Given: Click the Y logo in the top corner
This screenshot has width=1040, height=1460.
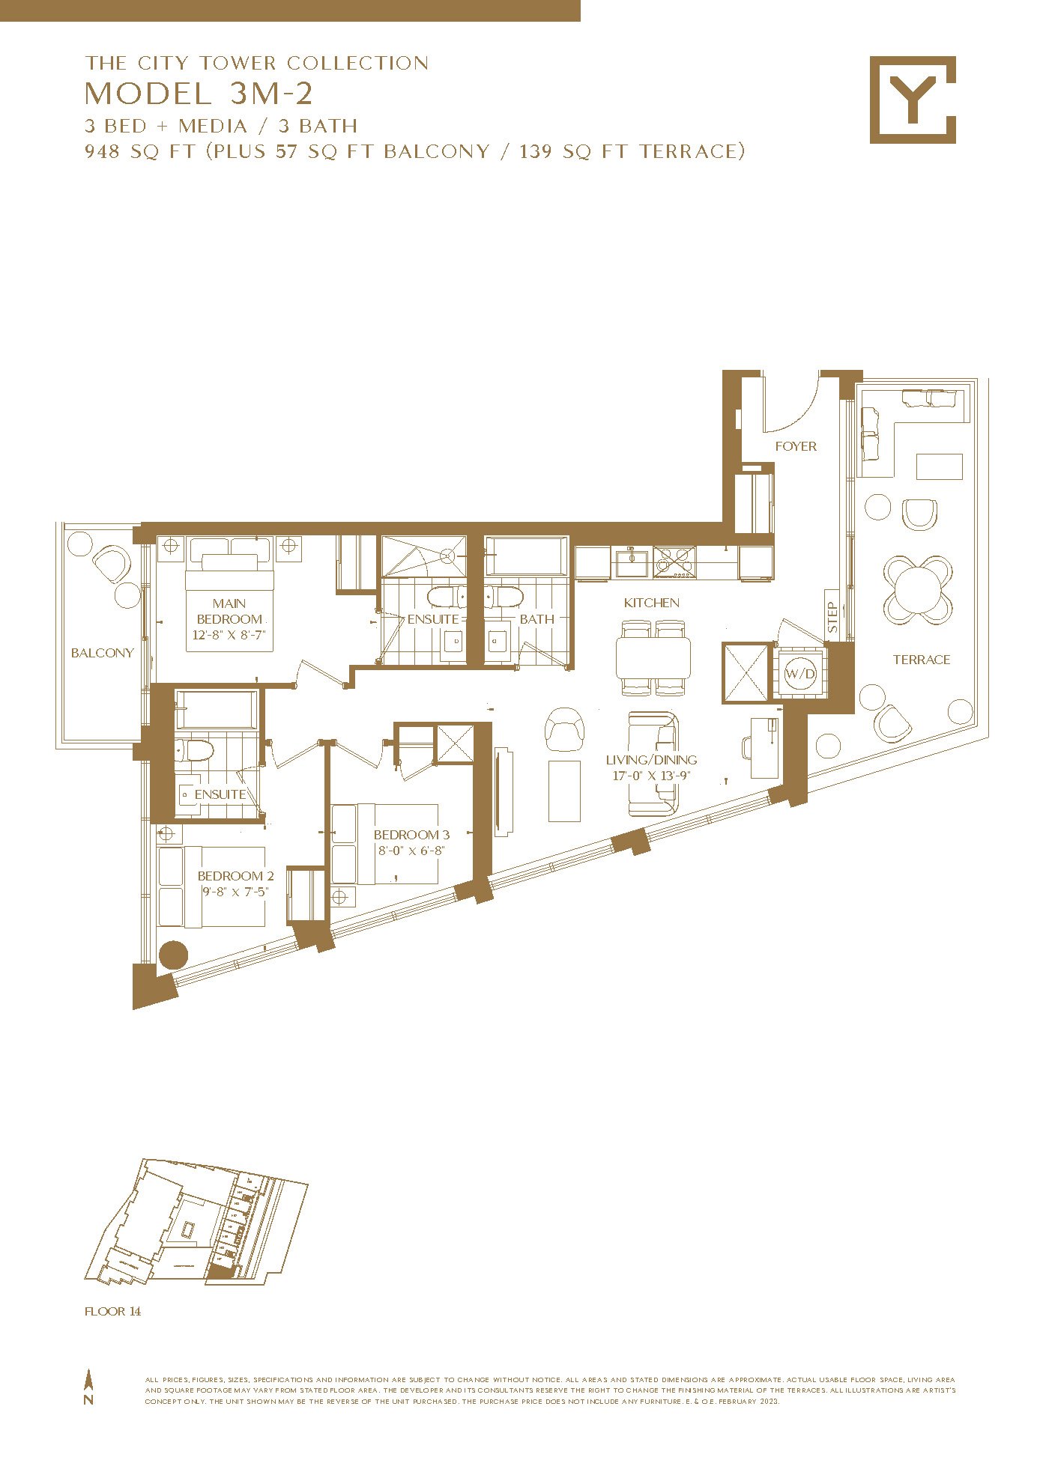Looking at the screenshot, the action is pos(913,100).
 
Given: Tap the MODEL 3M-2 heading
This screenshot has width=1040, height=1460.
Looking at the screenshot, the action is pos(199,94).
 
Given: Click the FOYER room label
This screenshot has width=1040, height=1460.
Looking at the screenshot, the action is pos(796,446).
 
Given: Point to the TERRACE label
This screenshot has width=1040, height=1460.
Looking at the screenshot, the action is pos(922,660).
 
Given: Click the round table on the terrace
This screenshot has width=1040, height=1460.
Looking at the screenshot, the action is pos(917,589).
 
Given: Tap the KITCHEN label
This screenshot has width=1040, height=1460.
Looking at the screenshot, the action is pos(652,603).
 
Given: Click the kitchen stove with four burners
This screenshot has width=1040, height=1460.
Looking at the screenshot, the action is pos(675,562).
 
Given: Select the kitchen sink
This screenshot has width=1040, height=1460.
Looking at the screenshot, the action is pos(631,562).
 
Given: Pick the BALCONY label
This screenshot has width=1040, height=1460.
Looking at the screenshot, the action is pos(102,653).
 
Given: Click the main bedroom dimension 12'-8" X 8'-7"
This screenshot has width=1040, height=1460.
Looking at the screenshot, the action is pos(229,635).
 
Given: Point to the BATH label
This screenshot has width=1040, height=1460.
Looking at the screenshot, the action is pos(537,619).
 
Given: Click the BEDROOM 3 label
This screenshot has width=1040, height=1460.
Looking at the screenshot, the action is pos(412,835).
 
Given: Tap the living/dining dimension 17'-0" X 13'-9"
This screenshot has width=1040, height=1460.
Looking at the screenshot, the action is pos(651,776).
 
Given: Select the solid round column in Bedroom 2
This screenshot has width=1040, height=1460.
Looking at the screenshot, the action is pos(173,955).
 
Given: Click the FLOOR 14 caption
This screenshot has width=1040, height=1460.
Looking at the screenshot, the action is pos(112,1311).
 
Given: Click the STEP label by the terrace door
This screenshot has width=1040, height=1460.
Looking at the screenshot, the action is pos(832,618).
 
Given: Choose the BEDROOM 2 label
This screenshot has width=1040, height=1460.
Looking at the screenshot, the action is pos(235,876).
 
